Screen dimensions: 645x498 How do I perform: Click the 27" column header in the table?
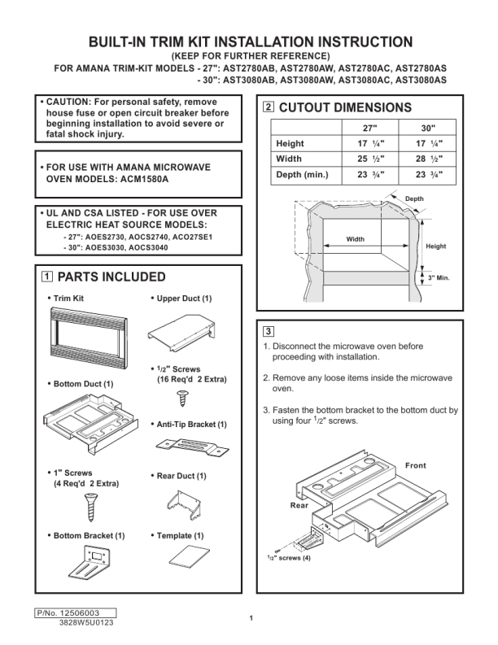(369, 129)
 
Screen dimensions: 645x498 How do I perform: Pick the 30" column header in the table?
(428, 129)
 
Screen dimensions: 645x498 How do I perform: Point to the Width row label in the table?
(289, 159)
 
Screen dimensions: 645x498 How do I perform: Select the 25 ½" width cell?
(370, 159)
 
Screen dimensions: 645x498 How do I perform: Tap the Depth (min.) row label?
(302, 174)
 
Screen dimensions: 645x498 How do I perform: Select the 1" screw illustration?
(90, 508)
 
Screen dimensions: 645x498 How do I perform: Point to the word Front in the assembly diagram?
(416, 465)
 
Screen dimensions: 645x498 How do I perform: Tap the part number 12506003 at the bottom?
(81, 612)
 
